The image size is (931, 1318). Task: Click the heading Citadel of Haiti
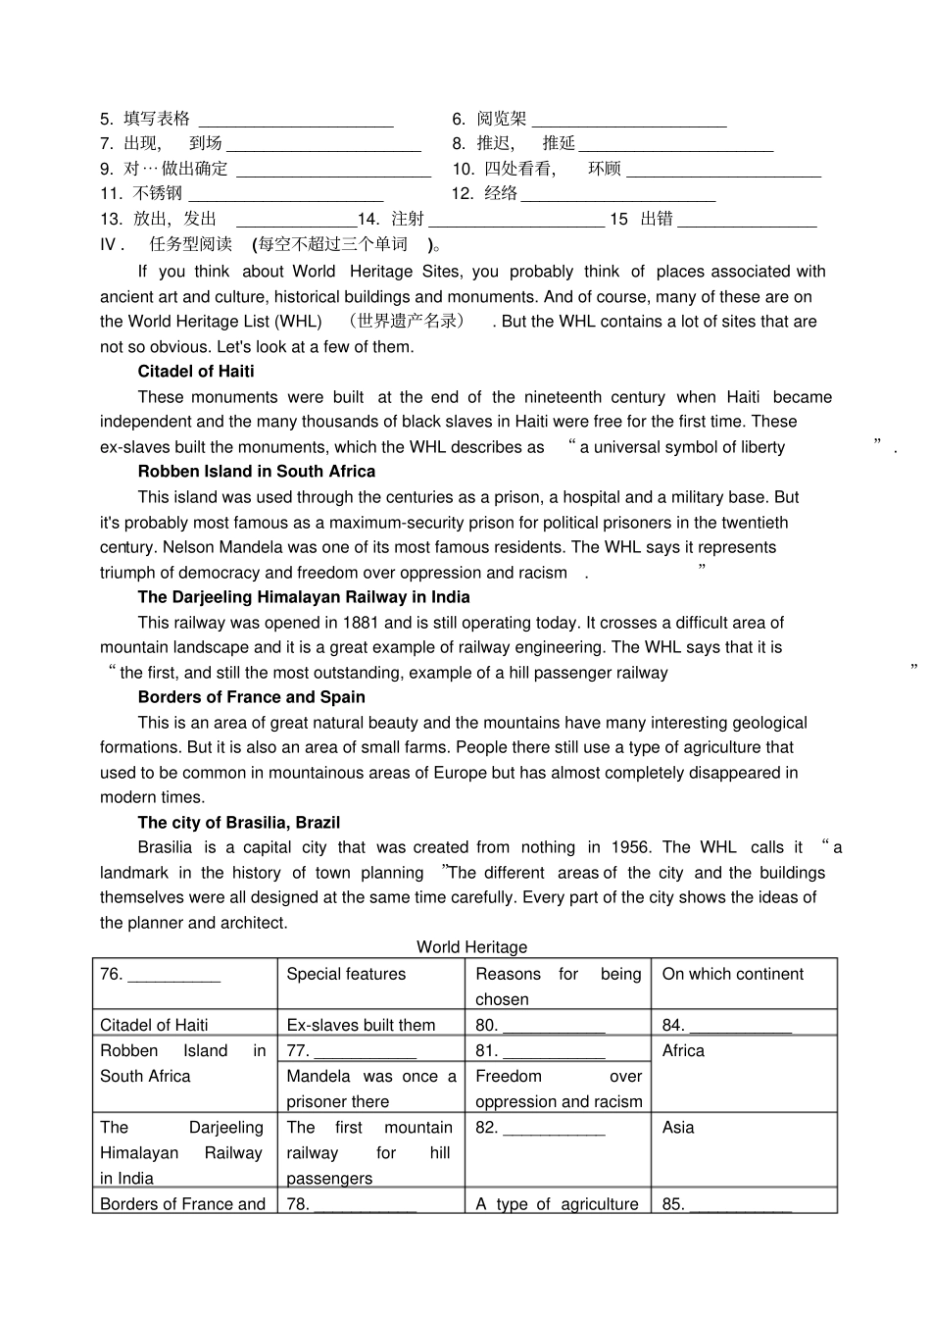click(196, 372)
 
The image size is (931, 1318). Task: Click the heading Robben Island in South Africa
click(257, 472)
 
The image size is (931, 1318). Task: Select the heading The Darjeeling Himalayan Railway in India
click(304, 597)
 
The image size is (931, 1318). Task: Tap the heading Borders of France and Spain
click(252, 697)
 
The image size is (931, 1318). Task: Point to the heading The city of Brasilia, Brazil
click(239, 823)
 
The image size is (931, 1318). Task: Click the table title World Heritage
click(471, 947)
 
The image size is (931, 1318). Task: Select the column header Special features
click(346, 975)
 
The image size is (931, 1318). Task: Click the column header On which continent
click(732, 975)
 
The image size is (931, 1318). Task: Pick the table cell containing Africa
click(683, 1051)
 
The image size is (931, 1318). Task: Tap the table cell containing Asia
click(677, 1128)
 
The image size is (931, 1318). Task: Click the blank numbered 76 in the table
click(174, 977)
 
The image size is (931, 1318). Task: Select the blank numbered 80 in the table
click(554, 1027)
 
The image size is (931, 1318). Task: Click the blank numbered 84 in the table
click(740, 1027)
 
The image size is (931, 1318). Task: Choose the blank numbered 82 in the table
click(554, 1130)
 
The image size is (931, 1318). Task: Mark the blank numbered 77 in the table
click(365, 1053)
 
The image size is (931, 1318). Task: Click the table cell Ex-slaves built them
click(361, 1026)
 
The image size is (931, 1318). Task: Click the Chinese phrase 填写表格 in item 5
click(157, 120)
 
